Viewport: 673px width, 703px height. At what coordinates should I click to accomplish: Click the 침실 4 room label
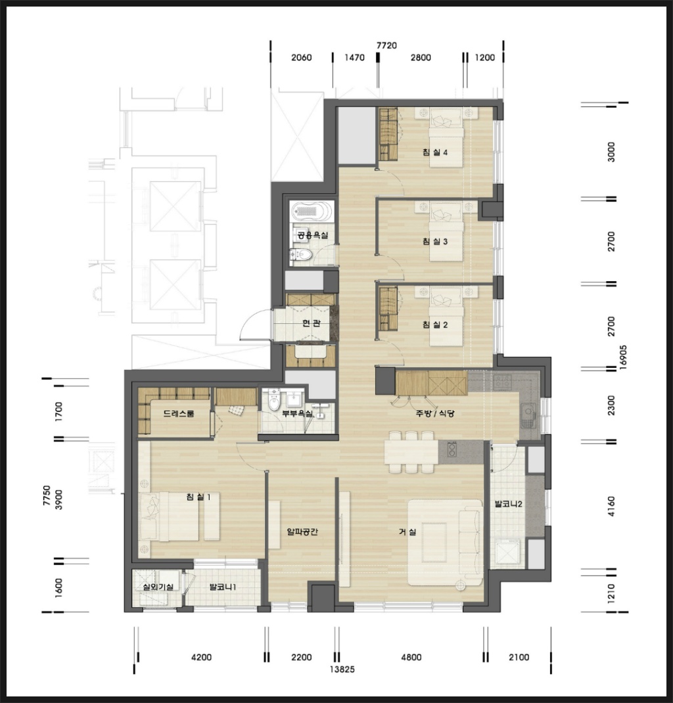pyautogui.click(x=435, y=152)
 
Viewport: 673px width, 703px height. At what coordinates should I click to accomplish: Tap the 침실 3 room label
pyautogui.click(x=435, y=241)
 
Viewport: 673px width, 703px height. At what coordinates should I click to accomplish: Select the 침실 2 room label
pyautogui.click(x=435, y=324)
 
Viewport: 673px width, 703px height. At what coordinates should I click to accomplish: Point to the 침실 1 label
pyautogui.click(x=198, y=496)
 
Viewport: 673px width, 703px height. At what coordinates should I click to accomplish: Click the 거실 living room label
pyautogui.click(x=407, y=532)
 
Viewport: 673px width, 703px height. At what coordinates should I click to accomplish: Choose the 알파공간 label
pyautogui.click(x=302, y=532)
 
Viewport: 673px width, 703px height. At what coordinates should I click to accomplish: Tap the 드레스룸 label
pyautogui.click(x=179, y=413)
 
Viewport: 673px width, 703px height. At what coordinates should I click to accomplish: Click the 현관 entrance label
pyautogui.click(x=311, y=323)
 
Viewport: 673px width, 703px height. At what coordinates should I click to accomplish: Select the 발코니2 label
pyautogui.click(x=509, y=504)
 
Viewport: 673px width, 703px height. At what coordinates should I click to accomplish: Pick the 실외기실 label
pyautogui.click(x=158, y=587)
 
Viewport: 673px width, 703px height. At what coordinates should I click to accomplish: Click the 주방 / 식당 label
pyautogui.click(x=435, y=413)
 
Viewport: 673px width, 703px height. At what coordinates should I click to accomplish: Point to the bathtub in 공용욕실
pyautogui.click(x=312, y=211)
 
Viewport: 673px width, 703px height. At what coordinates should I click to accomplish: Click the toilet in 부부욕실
pyautogui.click(x=274, y=400)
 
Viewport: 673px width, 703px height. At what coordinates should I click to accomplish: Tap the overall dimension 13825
pyautogui.click(x=342, y=669)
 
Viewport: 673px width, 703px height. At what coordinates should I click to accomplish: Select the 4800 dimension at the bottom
pyautogui.click(x=411, y=657)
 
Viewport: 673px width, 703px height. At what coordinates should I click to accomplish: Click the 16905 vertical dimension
pyautogui.click(x=623, y=357)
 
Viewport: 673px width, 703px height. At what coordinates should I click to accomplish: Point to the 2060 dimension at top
pyautogui.click(x=301, y=57)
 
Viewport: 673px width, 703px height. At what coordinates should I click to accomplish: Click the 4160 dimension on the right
pyautogui.click(x=611, y=506)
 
